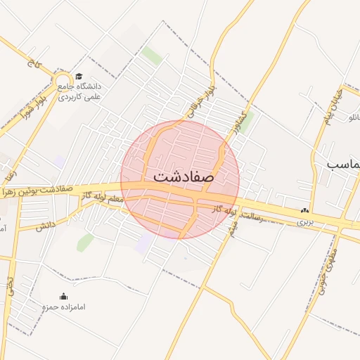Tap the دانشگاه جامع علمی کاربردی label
click(78, 91)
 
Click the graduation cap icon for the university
click(79, 76)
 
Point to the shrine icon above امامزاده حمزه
click(63, 296)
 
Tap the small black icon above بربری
click(304, 210)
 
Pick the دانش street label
click(46, 225)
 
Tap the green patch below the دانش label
click(86, 243)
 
